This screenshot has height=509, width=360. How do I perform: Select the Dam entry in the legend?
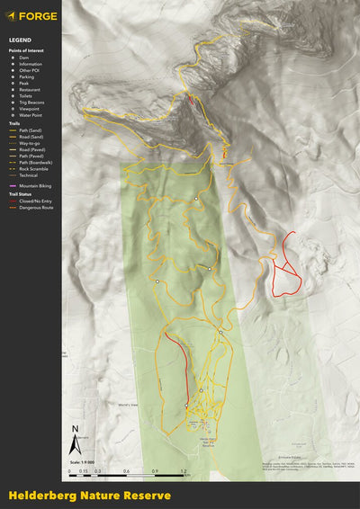23,58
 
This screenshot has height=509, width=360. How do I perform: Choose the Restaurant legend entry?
30,90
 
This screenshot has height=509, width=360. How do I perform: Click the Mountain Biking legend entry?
33,184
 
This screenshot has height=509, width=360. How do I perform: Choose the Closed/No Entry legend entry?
33,201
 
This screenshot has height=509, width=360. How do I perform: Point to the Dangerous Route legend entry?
33,207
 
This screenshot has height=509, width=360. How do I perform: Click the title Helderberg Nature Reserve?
89,495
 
